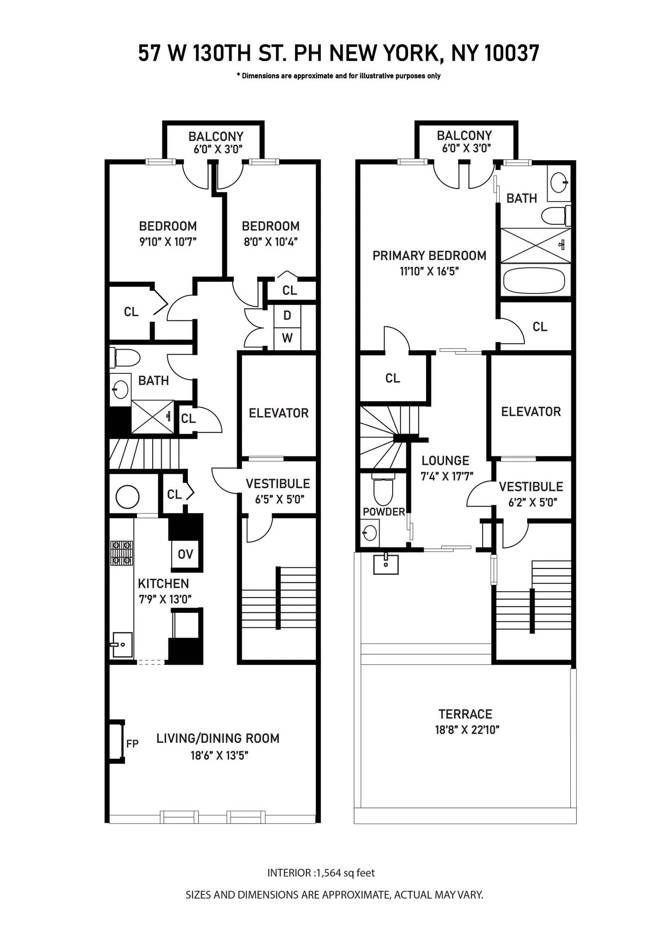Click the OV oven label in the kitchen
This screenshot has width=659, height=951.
coord(185,554)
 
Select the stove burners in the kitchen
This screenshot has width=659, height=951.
coord(122,553)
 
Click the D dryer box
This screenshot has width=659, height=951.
coord(287,316)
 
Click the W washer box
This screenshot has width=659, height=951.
coord(287,338)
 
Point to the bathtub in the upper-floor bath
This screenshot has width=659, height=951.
coord(534,280)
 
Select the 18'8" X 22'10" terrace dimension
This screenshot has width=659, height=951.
coord(466,730)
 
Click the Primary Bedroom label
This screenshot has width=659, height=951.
coord(429,255)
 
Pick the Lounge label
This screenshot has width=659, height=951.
coord(445,461)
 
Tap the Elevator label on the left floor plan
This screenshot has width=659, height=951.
coord(278,413)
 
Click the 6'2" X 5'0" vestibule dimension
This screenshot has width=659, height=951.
coord(532,502)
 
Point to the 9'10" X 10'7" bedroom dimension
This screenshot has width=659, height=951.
coord(168,241)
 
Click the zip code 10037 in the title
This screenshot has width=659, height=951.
coord(512,53)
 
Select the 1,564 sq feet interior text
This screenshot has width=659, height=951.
coord(345,873)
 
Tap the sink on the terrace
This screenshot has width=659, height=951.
coord(386,564)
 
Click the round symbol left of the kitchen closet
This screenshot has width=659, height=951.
coord(127,497)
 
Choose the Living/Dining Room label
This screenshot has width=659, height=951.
coord(218,738)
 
